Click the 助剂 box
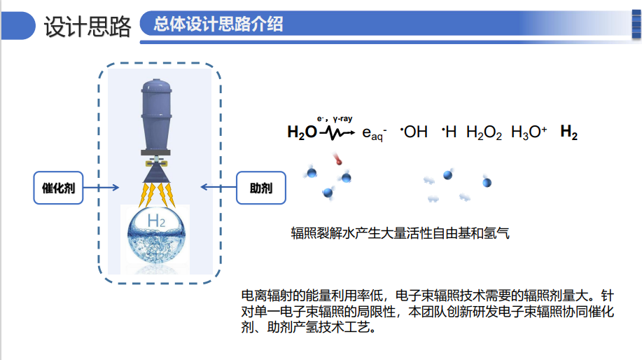(260, 187)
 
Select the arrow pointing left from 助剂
(217, 187)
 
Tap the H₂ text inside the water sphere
(156, 222)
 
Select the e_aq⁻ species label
(374, 134)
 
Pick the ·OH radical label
(414, 132)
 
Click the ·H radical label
(449, 132)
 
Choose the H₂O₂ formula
(484, 133)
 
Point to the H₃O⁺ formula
(529, 132)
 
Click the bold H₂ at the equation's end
(568, 133)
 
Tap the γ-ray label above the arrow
(342, 119)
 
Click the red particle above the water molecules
(338, 160)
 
